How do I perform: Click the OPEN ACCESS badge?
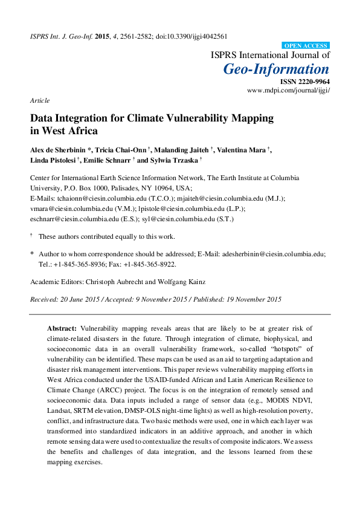[x=306, y=45]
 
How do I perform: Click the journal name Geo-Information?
[x=277, y=68]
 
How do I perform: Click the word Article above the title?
[x=39, y=100]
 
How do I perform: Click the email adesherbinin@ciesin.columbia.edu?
[x=270, y=254]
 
